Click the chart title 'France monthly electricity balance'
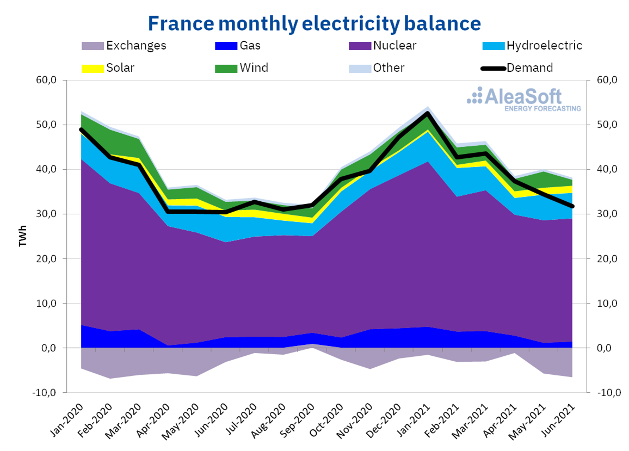(x=314, y=23)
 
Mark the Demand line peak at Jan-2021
(x=427, y=113)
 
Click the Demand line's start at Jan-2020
(x=81, y=129)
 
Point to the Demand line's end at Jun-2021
(x=572, y=206)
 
